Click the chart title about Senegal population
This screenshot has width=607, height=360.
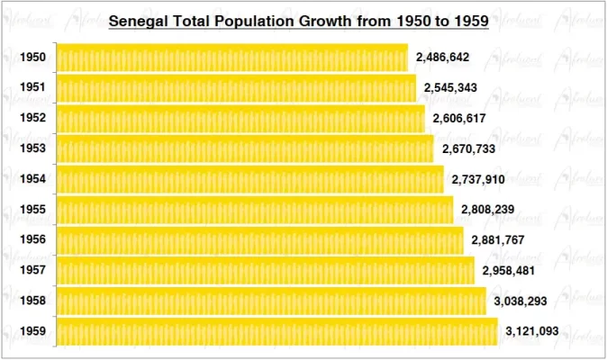[x=298, y=20]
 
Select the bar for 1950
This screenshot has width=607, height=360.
[x=231, y=58]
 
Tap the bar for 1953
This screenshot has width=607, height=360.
[x=244, y=148]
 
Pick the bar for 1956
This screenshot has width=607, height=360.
[x=259, y=240]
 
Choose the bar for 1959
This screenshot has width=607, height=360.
[x=276, y=331]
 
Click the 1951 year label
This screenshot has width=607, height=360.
[x=32, y=88]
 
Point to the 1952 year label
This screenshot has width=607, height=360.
[x=32, y=119]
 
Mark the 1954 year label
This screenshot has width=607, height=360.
[x=32, y=179]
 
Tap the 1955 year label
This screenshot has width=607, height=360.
[x=32, y=210]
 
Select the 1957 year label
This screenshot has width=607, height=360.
[x=32, y=271]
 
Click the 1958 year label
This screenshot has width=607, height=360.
[x=32, y=301]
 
